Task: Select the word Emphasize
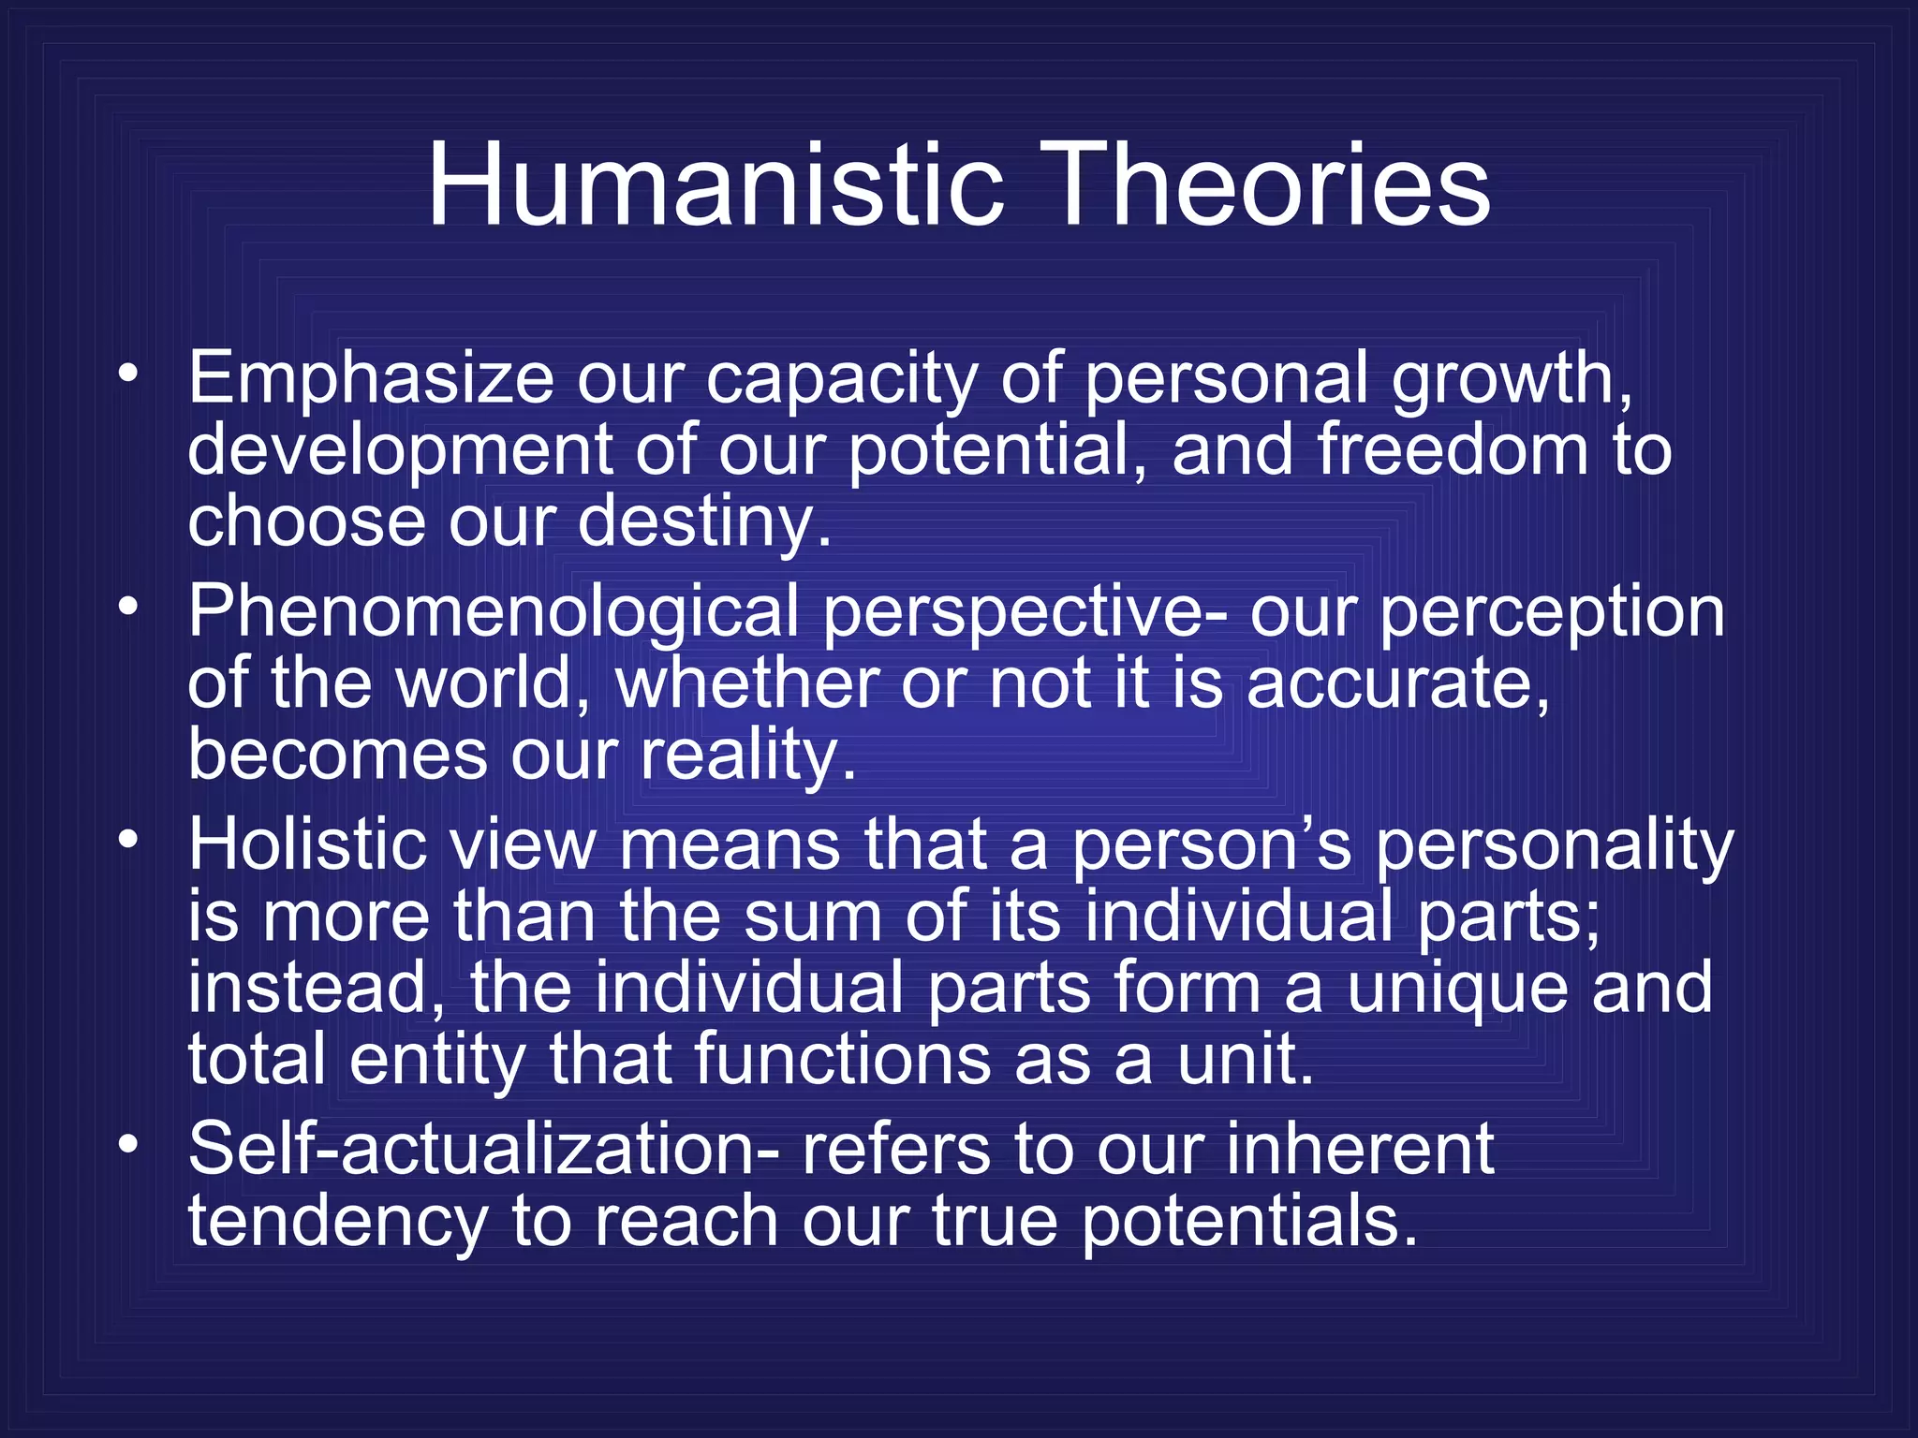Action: (x=371, y=379)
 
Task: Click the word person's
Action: (x=1210, y=844)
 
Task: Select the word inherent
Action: (x=1360, y=1150)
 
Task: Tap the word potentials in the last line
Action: (x=1248, y=1222)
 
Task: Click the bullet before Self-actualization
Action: (x=128, y=1143)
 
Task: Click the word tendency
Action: (x=338, y=1222)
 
